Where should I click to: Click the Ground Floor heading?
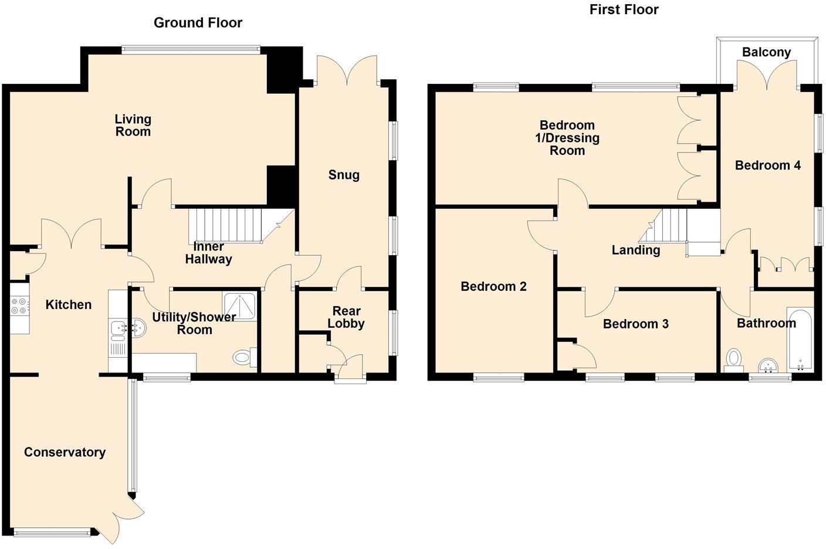(x=198, y=23)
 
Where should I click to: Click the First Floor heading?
(x=624, y=9)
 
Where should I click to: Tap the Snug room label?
(x=344, y=175)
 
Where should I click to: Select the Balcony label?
(x=766, y=52)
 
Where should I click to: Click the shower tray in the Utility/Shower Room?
(x=239, y=305)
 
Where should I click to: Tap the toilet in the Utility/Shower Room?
(x=242, y=357)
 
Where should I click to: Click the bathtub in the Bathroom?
(x=800, y=342)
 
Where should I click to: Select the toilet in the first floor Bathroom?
(x=733, y=359)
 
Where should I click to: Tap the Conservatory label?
(x=65, y=452)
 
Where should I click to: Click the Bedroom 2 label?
(x=493, y=286)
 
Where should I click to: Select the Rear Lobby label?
(x=346, y=317)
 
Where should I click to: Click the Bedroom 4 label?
(x=767, y=165)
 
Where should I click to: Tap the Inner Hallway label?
(x=208, y=253)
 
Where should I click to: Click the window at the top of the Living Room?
(x=191, y=50)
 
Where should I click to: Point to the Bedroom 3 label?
(x=635, y=324)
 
